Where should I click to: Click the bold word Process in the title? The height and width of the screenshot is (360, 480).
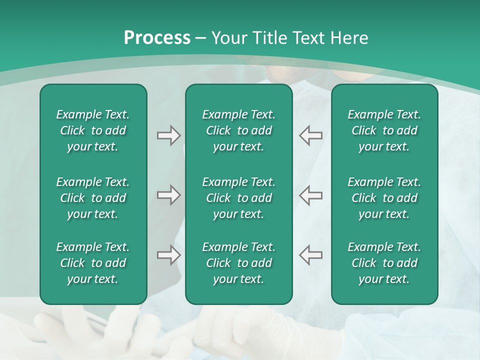(x=157, y=38)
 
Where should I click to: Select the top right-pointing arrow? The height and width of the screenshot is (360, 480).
(x=168, y=135)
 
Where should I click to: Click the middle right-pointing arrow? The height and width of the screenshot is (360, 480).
(x=168, y=195)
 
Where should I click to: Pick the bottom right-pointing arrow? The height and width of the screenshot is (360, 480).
(x=168, y=255)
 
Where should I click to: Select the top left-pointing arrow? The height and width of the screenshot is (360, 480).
(x=310, y=135)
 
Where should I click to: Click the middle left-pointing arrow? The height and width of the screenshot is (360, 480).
(x=310, y=195)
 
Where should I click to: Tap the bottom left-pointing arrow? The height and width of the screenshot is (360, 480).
(x=310, y=255)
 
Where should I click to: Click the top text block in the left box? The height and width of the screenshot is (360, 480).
(x=93, y=130)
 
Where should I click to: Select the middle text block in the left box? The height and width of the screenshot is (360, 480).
(x=93, y=198)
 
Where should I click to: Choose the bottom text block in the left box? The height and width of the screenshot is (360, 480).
(x=93, y=263)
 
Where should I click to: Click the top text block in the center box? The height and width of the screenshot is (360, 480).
(x=238, y=130)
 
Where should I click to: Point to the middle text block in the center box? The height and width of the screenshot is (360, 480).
(x=238, y=198)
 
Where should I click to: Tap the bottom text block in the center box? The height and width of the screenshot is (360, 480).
(x=238, y=263)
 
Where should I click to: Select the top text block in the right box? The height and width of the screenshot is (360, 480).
(x=384, y=130)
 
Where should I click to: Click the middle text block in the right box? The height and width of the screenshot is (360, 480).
(x=384, y=198)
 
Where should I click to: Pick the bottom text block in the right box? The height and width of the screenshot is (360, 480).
(x=384, y=263)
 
